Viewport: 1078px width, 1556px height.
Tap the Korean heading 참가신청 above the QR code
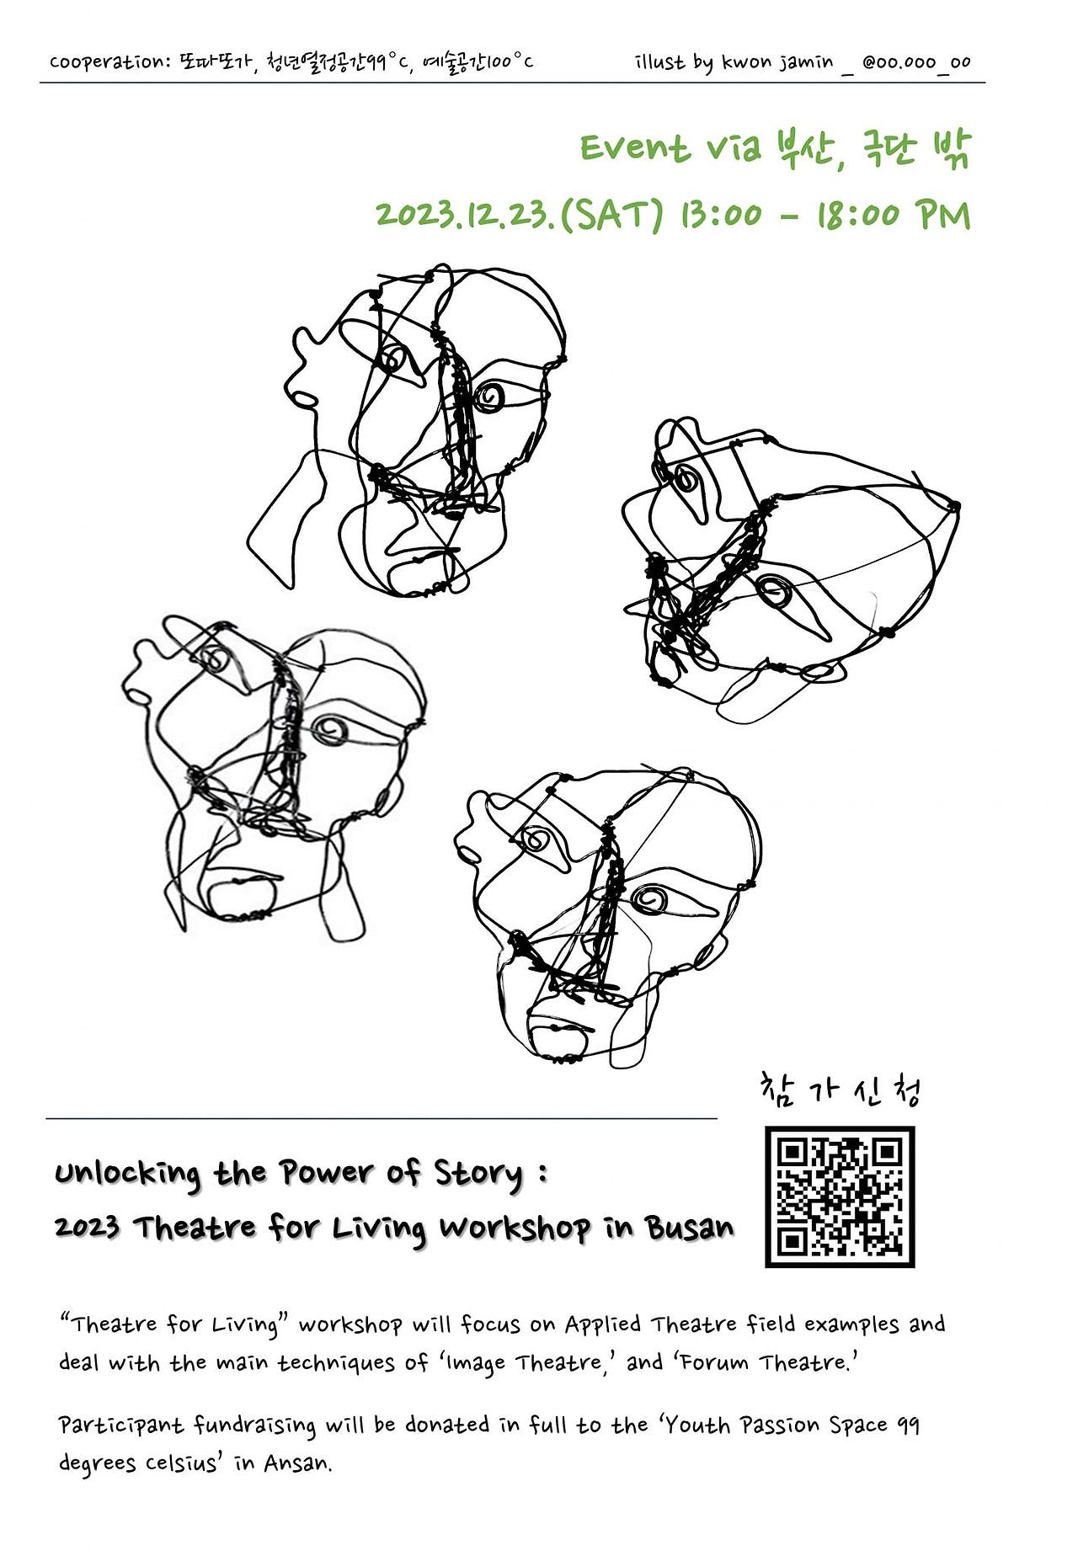coord(840,1090)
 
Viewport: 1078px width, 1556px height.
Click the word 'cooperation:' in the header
coord(109,62)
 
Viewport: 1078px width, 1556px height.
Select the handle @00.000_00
coord(916,62)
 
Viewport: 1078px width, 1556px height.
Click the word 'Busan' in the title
coord(690,1228)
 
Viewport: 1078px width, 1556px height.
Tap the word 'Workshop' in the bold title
coord(514,1228)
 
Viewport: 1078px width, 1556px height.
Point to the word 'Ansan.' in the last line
coord(298,1463)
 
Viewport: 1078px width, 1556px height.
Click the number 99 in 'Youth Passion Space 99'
coord(906,1425)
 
